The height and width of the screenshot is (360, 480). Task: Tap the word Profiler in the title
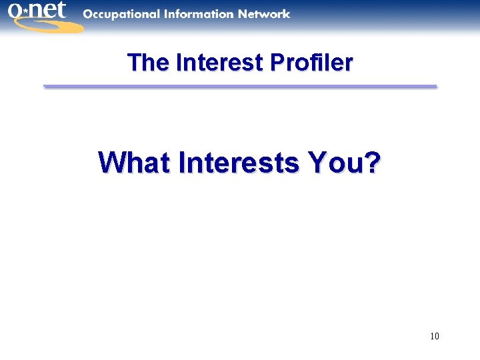311,63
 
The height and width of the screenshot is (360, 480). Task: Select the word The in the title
148,63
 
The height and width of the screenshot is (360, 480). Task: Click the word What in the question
133,162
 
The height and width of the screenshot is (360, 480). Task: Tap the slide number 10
435,336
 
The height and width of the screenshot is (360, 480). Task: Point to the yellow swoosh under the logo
47,25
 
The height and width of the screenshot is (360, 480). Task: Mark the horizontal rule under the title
240,86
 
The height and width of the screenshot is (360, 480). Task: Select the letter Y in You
317,162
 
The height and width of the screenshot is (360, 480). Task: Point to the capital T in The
133,63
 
